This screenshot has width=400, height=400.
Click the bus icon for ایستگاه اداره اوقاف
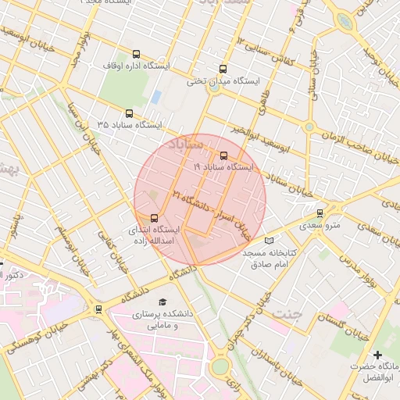coord(137,55)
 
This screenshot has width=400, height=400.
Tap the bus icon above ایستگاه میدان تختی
coord(224,69)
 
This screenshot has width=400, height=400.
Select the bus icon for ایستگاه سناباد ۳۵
coord(129,113)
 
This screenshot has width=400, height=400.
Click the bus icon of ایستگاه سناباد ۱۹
coord(224,155)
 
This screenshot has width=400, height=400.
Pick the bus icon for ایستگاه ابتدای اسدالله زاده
coord(153,218)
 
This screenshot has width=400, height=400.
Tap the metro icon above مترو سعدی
coord(320,213)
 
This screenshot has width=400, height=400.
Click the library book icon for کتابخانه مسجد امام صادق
coord(270,241)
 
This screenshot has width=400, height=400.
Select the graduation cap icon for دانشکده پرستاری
coord(162,302)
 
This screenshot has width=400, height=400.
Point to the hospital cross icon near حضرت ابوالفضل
coord(378,355)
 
